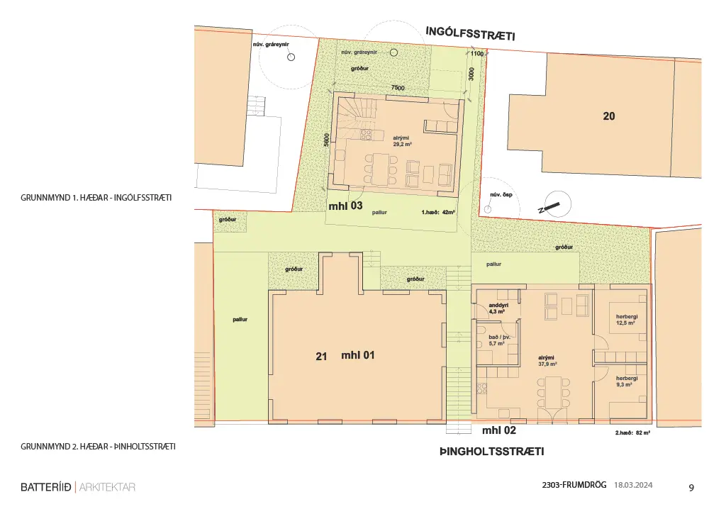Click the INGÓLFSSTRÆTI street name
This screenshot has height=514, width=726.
tap(470, 34)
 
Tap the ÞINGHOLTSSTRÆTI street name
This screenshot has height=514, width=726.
tap(492, 452)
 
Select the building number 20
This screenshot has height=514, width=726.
tap(609, 116)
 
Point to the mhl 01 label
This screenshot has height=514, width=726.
tap(357, 355)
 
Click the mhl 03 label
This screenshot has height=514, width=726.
tap(345, 206)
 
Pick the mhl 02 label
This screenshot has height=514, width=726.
tap(498, 430)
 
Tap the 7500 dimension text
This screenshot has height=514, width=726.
tap(398, 87)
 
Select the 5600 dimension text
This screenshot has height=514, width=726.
tap(326, 140)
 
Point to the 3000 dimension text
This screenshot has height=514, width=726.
tap(471, 74)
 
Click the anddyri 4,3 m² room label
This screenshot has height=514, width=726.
tap(498, 308)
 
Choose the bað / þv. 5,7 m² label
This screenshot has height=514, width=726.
tap(499, 340)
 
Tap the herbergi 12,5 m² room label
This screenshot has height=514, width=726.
tap(627, 320)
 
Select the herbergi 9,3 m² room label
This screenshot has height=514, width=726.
tap(627, 381)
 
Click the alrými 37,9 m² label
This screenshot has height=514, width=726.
tap(547, 361)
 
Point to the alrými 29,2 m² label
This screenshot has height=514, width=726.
tap(402, 141)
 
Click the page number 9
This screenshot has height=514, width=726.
tap(691, 488)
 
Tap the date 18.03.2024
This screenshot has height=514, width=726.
tap(633, 485)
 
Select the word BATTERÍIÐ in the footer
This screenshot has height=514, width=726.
tap(46, 487)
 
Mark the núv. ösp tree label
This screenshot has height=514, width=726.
tap(501, 195)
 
